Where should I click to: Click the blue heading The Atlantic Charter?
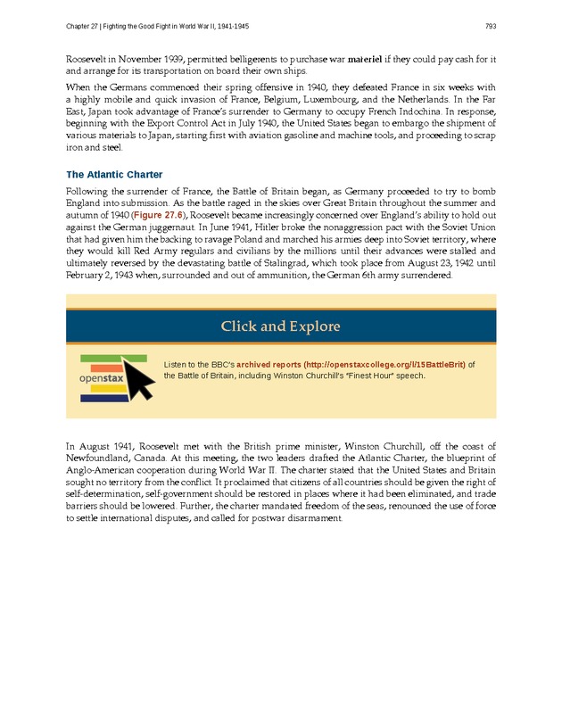pyautogui.click(x=114, y=174)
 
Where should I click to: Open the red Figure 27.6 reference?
pyautogui.click(x=157, y=216)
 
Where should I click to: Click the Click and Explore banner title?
pyautogui.click(x=281, y=326)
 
